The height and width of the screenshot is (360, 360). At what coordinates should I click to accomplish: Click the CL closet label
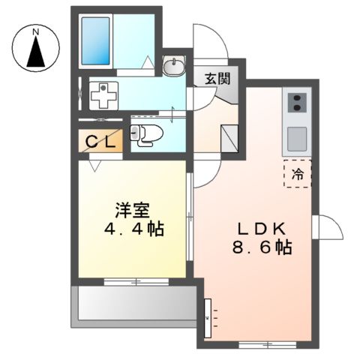click(x=100, y=140)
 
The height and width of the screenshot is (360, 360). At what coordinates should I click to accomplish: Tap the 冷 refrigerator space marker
click(x=297, y=174)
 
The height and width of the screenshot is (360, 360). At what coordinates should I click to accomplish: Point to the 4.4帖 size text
click(x=134, y=227)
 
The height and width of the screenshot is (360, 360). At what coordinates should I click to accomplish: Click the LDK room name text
click(x=261, y=228)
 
